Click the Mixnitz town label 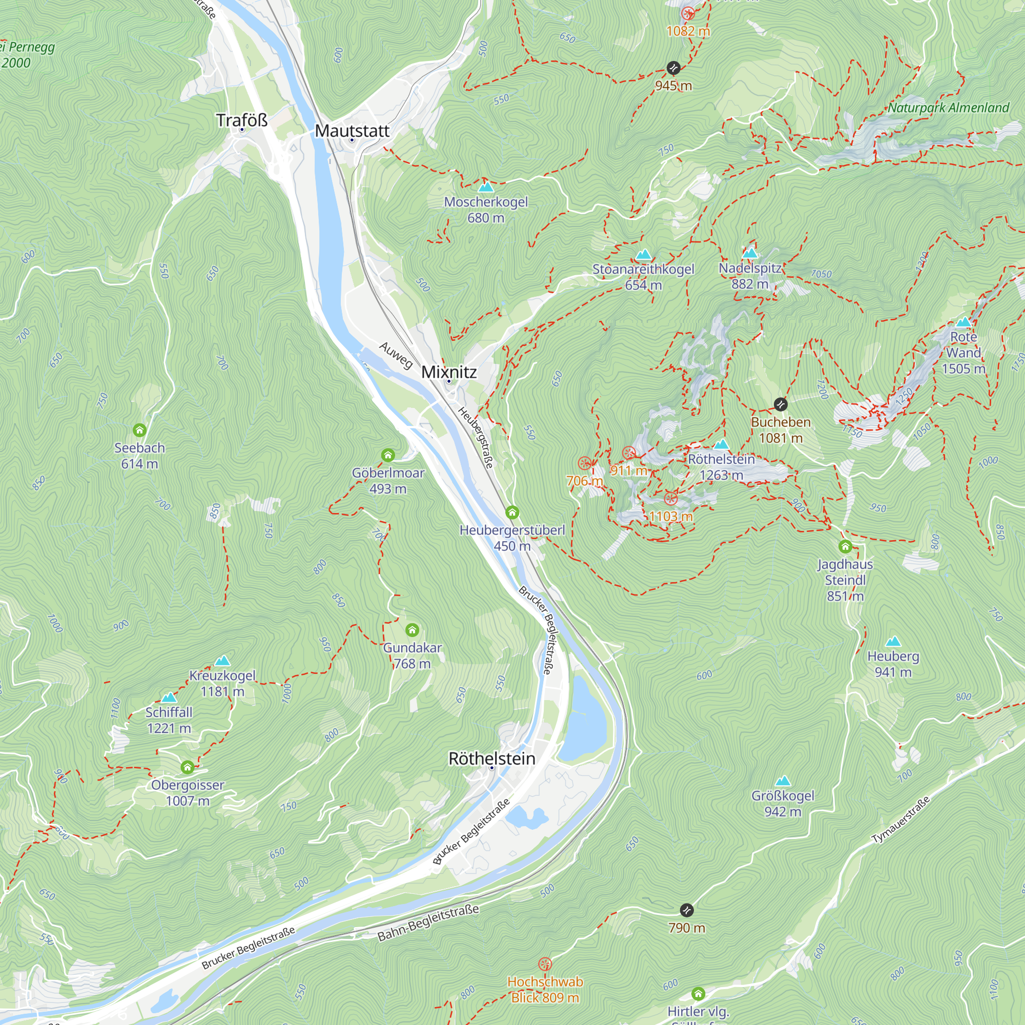449,372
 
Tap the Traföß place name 242,120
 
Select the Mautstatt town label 352,131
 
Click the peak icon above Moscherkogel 486,187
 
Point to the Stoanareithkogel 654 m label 643,276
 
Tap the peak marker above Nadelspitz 750,254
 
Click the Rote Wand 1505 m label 963,352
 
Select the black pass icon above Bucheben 781,404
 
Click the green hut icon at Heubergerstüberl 512,512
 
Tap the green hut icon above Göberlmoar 388,455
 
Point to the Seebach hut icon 139,430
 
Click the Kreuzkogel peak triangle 222,661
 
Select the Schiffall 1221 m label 169,720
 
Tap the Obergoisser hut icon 187,767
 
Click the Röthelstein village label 492,758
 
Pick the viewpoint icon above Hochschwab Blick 545,964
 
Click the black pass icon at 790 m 687,910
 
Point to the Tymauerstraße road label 901,819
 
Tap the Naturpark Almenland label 949,108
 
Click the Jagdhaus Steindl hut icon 845,546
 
